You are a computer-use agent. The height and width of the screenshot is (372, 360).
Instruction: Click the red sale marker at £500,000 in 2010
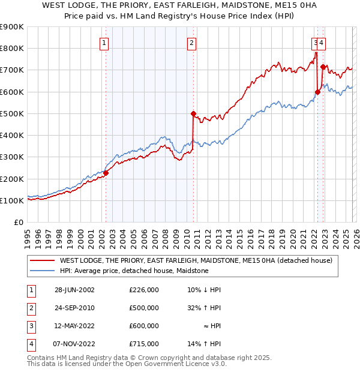point(193,113)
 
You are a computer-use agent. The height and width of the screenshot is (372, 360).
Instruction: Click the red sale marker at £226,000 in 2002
point(106,173)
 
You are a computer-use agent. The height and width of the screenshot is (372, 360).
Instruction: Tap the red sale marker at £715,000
point(323,67)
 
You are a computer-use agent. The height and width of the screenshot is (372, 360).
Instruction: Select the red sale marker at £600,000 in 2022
point(317,92)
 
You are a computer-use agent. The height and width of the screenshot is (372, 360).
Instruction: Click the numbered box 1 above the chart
point(104,43)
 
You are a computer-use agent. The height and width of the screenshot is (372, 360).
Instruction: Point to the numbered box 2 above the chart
point(191,43)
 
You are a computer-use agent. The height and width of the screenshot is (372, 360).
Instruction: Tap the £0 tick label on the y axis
point(19,223)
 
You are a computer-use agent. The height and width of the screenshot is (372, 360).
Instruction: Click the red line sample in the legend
point(42,260)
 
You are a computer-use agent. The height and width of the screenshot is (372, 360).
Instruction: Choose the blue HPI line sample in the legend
point(42,271)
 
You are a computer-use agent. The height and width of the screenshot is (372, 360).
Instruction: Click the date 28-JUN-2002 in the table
point(74,290)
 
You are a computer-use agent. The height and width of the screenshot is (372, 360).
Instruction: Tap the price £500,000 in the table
point(144,308)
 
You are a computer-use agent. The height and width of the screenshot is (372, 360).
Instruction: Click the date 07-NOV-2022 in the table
point(74,344)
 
